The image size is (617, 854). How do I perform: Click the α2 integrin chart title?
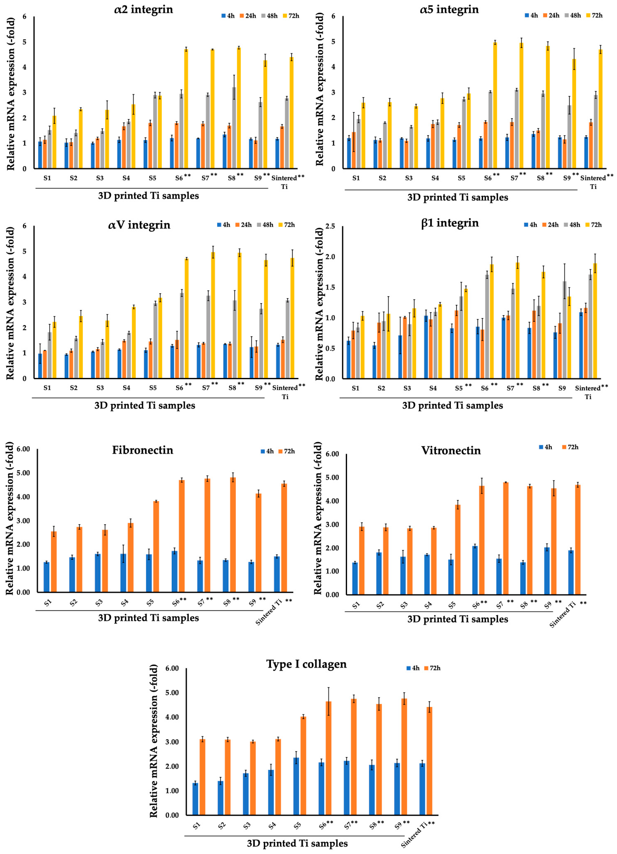pyautogui.click(x=144, y=9)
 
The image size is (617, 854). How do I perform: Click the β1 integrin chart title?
pyautogui.click(x=450, y=223)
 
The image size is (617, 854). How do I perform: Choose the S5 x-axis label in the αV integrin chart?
pyautogui.click(x=153, y=388)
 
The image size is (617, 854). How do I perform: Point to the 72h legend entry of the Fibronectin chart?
pyautogui.click(x=287, y=451)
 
